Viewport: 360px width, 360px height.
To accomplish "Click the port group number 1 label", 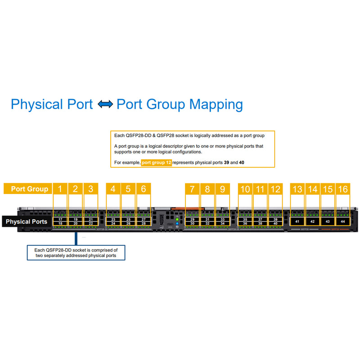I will (60, 189).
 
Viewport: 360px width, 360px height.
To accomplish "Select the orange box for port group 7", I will (192, 189).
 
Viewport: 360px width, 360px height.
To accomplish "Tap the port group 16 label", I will (343, 189).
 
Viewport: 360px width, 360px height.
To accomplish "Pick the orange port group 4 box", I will (113, 189).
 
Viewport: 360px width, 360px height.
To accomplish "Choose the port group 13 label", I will (297, 189).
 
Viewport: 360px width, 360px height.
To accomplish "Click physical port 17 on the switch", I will (61, 219).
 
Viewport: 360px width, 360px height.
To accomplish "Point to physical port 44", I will (343, 221).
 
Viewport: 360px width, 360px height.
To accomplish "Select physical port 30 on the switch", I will (192, 224).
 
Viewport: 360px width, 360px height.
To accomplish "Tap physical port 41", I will (297, 221).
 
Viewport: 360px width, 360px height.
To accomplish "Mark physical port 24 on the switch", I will (113, 224).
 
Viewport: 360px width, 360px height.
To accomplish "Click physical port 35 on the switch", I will (245, 219).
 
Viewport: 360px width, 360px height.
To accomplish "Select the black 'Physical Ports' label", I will (27, 221).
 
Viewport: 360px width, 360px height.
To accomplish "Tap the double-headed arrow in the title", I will (105, 104).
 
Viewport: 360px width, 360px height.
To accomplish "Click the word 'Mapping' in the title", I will (216, 105).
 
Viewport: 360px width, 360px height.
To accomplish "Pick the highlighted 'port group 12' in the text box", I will (157, 162).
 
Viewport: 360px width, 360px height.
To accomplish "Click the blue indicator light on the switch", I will (178, 223).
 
